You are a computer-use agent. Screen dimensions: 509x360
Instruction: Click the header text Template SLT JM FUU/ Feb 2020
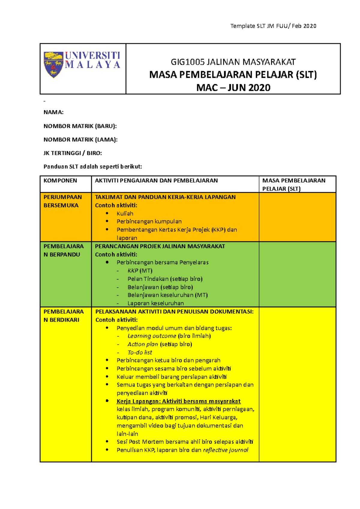pos(273,26)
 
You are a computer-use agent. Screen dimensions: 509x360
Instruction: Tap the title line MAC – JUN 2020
pos(233,88)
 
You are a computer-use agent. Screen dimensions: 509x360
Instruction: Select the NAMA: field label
pos(53,112)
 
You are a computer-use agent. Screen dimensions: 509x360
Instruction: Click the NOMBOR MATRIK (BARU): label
pos(80,126)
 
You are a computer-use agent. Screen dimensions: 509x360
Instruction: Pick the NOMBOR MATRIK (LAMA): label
pos(80,140)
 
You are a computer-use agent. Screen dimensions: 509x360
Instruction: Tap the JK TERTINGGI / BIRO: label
pos(73,153)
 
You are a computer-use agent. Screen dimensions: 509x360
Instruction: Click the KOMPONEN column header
pos(60,180)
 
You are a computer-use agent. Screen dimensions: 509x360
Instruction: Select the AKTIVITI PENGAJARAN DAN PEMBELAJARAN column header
pos(156,180)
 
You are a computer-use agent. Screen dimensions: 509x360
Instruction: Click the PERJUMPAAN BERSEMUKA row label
pos(62,201)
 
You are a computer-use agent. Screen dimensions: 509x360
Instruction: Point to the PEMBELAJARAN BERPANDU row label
pos(63,250)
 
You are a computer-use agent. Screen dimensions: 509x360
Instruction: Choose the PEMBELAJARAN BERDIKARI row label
pos(63,316)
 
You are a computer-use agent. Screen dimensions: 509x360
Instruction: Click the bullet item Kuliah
pos(125,214)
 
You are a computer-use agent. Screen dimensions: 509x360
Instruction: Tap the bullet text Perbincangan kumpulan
pos(149,222)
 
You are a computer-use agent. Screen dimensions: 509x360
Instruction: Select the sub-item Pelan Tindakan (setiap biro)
pos(165,279)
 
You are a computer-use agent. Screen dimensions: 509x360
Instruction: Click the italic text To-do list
pos(140,353)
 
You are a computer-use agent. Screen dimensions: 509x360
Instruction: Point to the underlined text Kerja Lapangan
pos(138,401)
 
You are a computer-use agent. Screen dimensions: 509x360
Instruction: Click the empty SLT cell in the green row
pos(297,274)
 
